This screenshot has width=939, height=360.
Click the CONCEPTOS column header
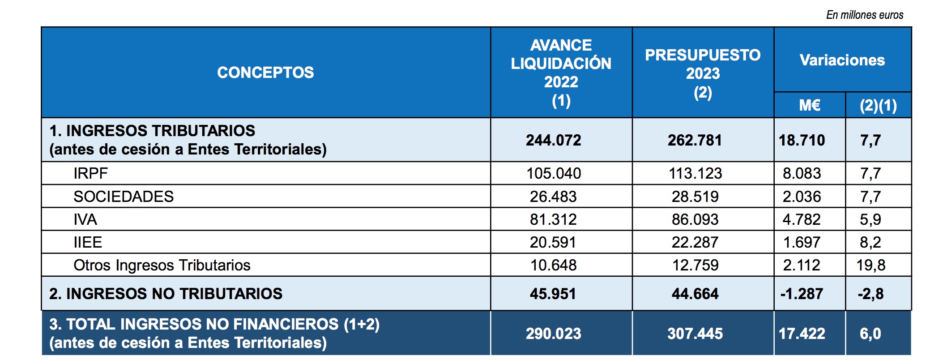(265, 72)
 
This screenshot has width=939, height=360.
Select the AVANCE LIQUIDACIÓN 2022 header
(561, 73)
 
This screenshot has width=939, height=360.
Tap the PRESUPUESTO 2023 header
(703, 73)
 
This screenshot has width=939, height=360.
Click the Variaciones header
(842, 60)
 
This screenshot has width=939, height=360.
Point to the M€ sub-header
(809, 105)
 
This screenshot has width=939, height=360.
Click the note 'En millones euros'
(864, 15)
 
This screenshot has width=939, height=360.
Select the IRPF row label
(90, 173)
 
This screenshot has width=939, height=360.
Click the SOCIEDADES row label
(124, 197)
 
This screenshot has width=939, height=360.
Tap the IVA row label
(85, 219)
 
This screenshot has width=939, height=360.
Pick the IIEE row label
(88, 242)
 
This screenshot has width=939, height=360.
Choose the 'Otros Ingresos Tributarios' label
(162, 265)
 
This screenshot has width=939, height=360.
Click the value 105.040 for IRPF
(554, 173)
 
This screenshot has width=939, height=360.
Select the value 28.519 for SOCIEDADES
(695, 197)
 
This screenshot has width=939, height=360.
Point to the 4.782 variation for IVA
(802, 219)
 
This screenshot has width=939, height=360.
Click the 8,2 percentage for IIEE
(870, 242)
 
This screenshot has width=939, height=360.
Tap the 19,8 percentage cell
(871, 265)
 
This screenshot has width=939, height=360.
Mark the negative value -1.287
(802, 294)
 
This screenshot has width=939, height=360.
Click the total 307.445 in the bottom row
(695, 334)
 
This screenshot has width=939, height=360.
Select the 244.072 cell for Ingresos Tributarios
(554, 140)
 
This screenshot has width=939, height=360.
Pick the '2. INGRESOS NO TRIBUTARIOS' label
(166, 294)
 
